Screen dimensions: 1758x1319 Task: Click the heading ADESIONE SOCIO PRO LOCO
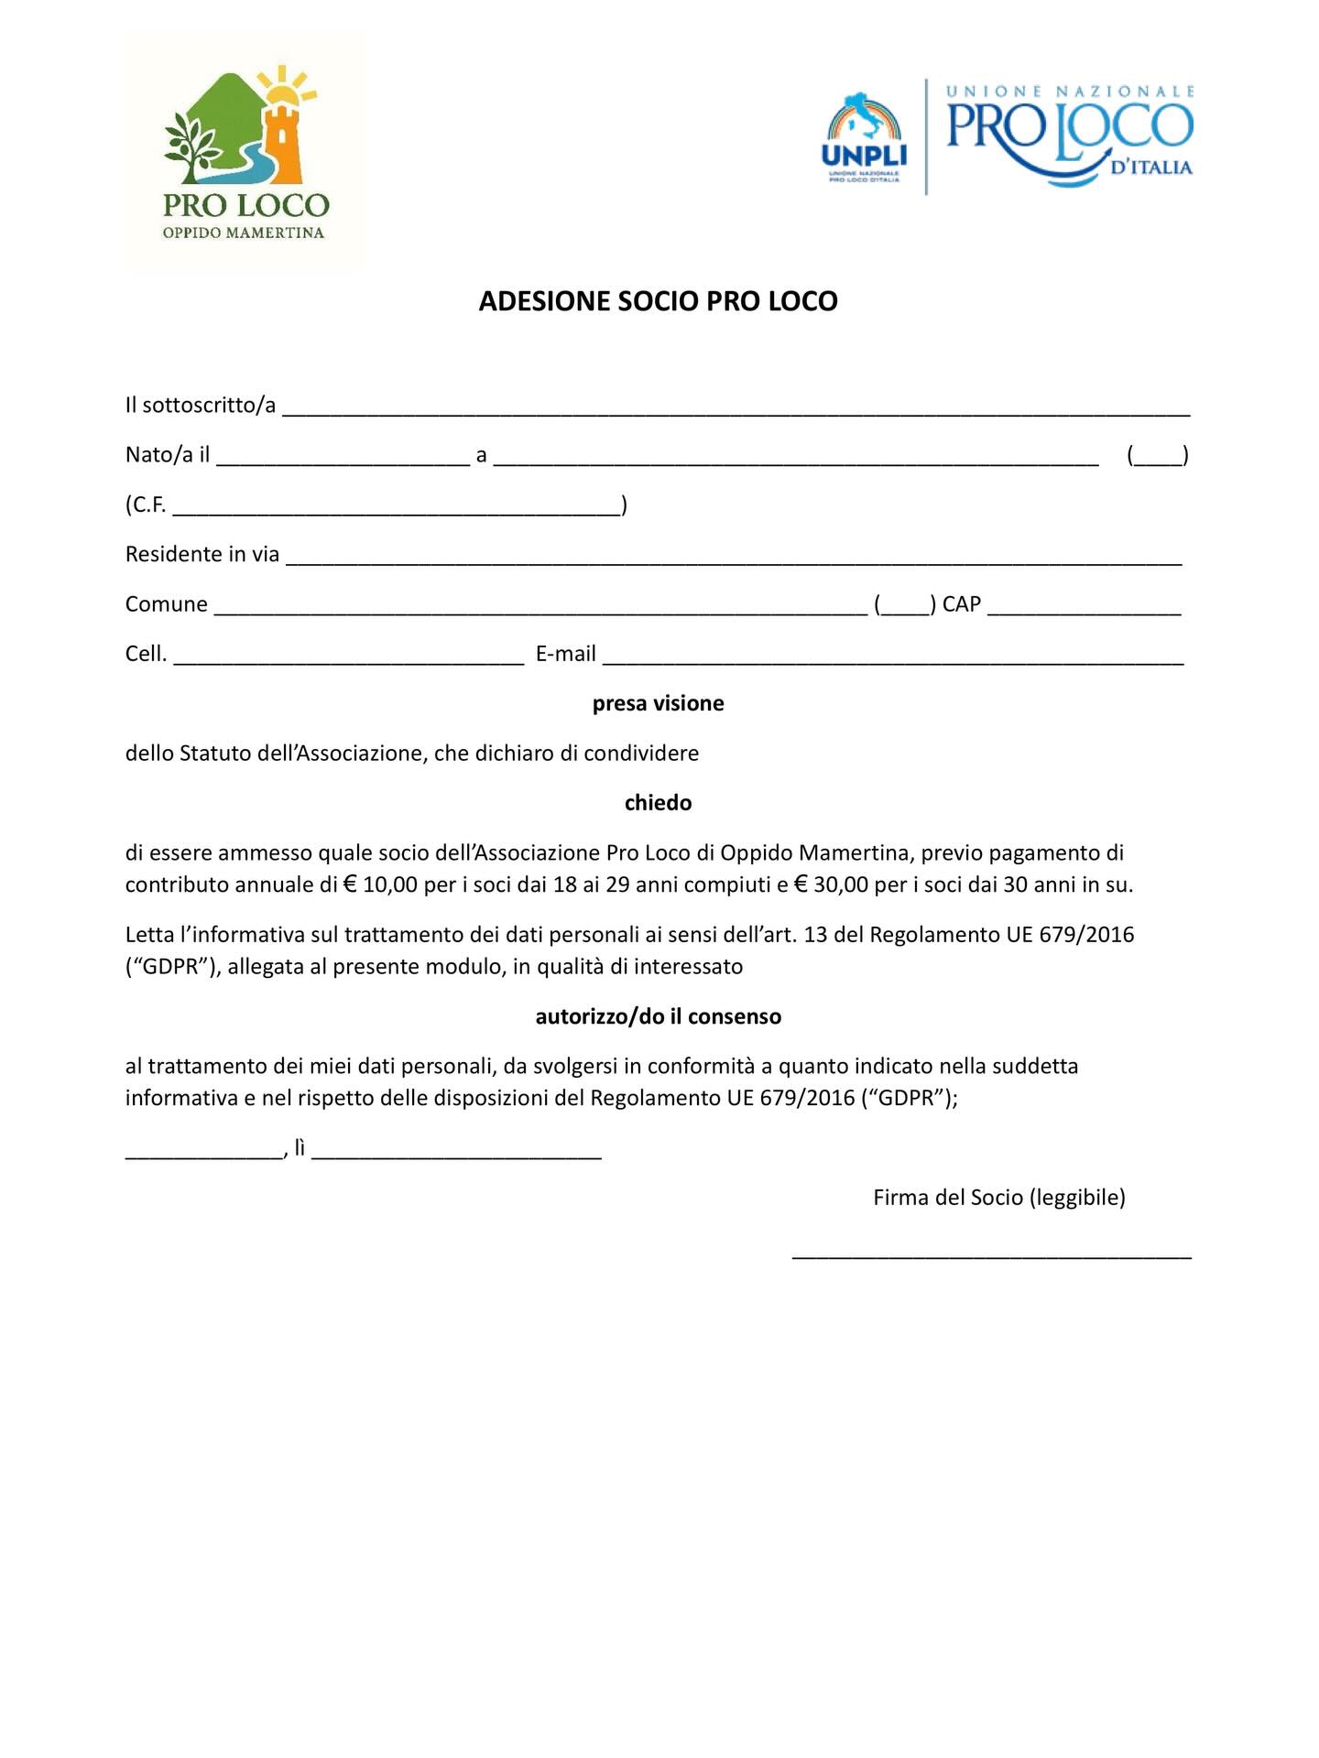click(x=658, y=301)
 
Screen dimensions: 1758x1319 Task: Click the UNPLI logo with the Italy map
click(x=864, y=137)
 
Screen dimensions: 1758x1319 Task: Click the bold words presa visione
click(x=658, y=703)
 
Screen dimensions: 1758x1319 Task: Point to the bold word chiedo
click(x=658, y=803)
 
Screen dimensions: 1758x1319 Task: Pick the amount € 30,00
click(x=831, y=884)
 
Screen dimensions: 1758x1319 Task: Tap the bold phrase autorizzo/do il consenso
click(x=658, y=1016)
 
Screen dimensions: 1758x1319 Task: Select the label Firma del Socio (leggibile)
click(x=998, y=1198)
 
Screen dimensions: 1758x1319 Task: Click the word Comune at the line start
click(x=167, y=604)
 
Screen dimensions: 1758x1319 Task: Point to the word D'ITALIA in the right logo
click(x=1150, y=168)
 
